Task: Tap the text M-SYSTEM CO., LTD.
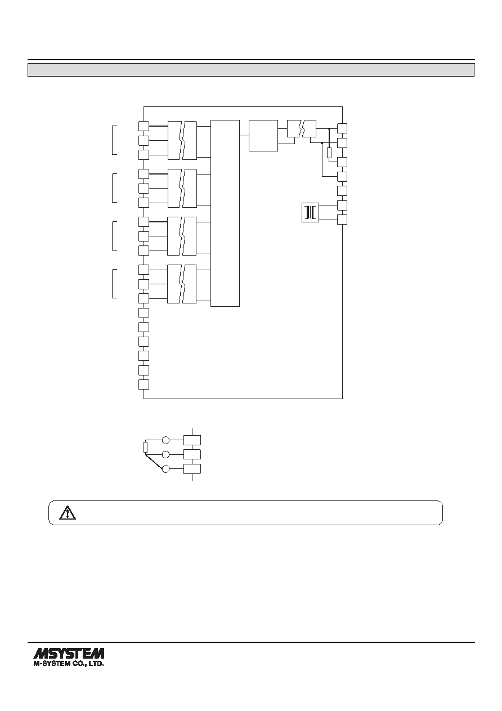point(69,663)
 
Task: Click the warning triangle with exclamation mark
point(68,513)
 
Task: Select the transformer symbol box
point(310,212)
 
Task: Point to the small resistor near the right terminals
point(329,153)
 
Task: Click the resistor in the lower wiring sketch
point(145,447)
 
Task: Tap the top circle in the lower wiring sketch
point(165,440)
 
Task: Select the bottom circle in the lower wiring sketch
point(165,469)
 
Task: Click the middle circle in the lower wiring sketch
point(165,454)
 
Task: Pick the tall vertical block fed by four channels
point(225,213)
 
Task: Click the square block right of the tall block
point(263,136)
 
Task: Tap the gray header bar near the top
point(251,70)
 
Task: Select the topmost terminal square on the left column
point(144,126)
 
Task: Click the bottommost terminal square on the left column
point(144,384)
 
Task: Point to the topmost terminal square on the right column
point(342,128)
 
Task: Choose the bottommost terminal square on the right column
point(342,220)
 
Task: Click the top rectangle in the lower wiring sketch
point(192,440)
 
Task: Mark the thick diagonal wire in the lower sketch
point(155,462)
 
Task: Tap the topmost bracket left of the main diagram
point(114,140)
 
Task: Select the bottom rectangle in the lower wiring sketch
point(192,469)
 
